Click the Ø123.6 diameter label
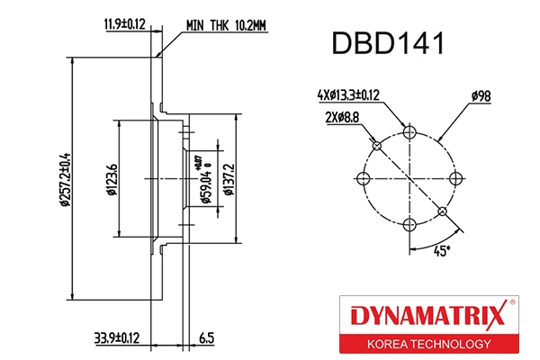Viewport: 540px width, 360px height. pos(110,177)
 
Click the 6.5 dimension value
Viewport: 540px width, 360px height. pos(205,338)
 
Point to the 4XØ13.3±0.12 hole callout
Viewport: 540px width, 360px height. pos(346,93)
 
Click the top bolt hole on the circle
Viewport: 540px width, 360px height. pos(409,132)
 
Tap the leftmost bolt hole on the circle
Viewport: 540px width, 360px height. pos(364,177)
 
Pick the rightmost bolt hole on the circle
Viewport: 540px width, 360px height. pos(454,177)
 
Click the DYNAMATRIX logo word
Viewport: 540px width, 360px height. pos(427,315)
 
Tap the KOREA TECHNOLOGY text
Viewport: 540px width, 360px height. pos(427,343)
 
